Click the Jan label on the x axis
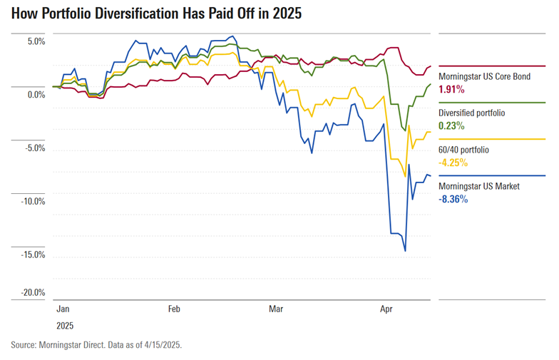pos(63,310)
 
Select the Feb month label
pos(174,310)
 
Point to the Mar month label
pos(276,310)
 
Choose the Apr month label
pos(386,310)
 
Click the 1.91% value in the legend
pos(451,90)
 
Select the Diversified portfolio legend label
pos(471,113)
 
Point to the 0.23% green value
pos(451,126)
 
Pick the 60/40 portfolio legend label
pos(463,150)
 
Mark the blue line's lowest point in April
pos(405,251)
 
